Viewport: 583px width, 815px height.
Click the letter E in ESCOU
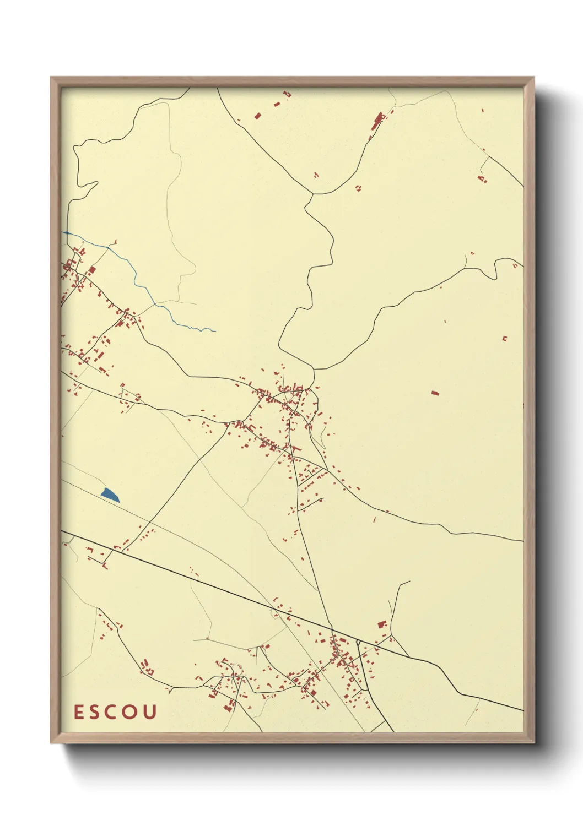click(79, 712)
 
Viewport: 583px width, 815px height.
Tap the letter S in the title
click(96, 712)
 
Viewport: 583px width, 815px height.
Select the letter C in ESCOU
click(113, 712)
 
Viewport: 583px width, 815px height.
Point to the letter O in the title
click(131, 712)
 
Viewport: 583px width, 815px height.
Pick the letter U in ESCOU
click(149, 712)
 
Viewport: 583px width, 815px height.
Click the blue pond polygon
click(110, 495)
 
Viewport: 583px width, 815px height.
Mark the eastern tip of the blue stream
click(214, 331)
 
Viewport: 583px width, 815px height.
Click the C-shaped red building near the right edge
click(504, 338)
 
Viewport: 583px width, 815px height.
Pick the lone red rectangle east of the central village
click(435, 393)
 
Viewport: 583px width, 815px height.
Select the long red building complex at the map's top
click(377, 122)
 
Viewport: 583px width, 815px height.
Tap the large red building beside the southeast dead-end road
click(381, 624)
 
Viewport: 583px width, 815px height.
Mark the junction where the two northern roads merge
click(313, 194)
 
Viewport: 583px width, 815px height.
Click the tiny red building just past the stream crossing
click(116, 241)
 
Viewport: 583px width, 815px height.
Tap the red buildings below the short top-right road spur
click(482, 178)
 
